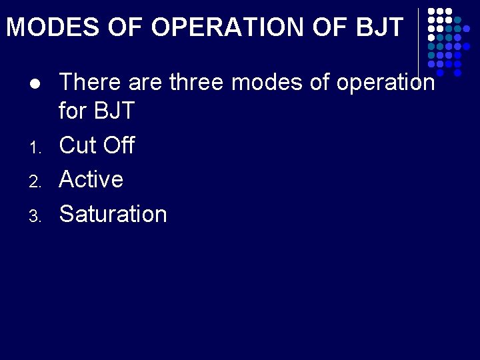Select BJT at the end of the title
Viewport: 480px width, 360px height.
pyautogui.click(x=380, y=27)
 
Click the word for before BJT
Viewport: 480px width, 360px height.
pyautogui.click(x=72, y=111)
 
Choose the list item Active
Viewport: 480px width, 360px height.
pyautogui.click(x=91, y=179)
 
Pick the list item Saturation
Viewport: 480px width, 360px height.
pyautogui.click(x=113, y=214)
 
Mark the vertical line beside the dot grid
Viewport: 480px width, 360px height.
pyautogui.click(x=419, y=40)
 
